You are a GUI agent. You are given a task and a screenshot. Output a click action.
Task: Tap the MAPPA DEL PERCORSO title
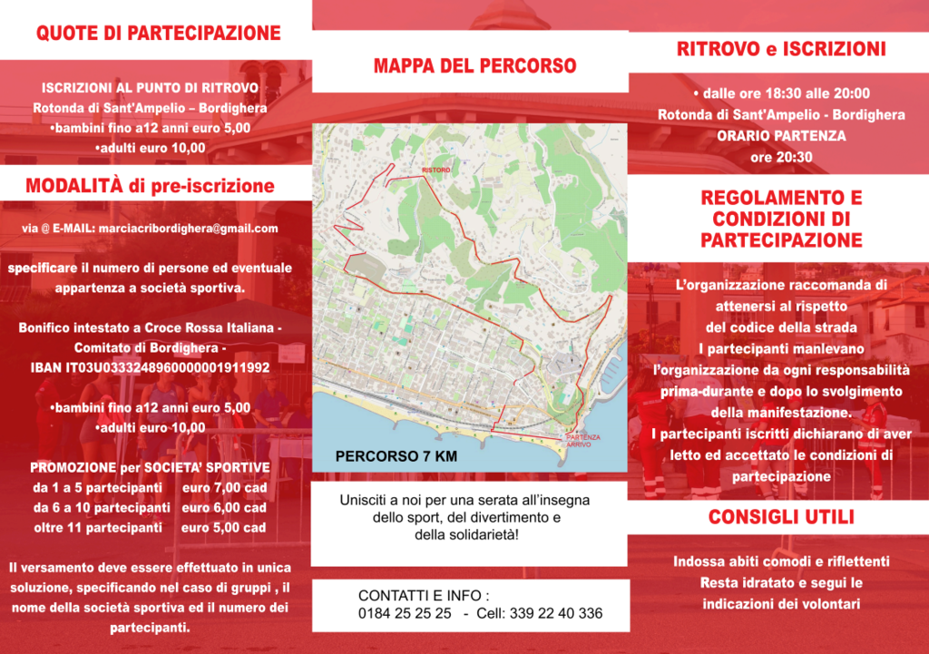474,65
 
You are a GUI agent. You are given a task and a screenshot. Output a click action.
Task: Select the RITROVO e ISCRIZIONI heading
781,49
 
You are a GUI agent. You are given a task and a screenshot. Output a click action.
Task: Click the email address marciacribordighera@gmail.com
189,229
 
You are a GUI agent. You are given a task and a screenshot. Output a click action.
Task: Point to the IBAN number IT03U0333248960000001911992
150,367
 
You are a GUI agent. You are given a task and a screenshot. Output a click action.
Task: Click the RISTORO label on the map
435,170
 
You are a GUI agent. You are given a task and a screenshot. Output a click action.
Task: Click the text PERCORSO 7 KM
396,456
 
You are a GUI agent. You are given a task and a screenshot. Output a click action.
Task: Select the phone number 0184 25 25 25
405,613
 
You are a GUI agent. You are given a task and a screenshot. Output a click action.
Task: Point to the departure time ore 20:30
781,157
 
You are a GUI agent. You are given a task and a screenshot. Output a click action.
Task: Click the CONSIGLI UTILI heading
781,518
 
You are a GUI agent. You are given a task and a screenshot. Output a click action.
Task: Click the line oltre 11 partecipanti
102,528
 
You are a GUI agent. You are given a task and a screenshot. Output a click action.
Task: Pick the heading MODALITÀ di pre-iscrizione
150,187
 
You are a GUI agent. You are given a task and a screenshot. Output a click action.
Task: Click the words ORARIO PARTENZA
781,136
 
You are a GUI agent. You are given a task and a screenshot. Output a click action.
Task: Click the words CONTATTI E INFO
423,596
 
